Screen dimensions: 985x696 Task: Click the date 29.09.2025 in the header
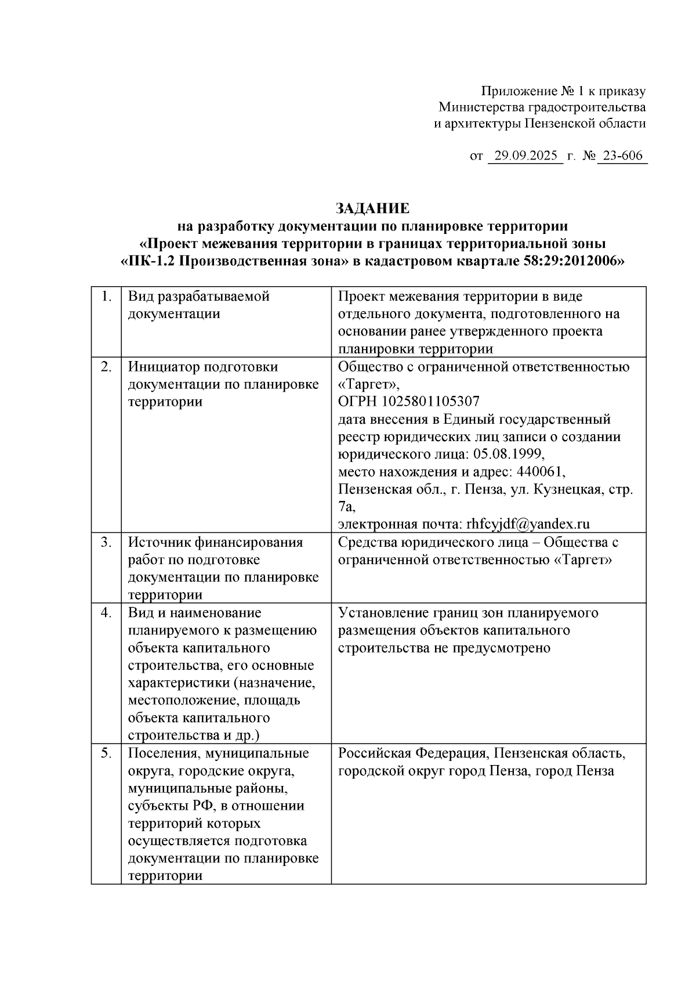525,156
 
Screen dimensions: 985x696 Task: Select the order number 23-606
622,156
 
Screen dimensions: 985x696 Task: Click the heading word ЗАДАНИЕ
372,208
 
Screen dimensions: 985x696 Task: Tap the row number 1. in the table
106,297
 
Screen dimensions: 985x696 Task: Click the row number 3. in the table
106,542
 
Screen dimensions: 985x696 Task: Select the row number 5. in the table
106,753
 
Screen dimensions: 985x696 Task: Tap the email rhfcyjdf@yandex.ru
528,524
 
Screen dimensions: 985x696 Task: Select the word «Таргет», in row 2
369,384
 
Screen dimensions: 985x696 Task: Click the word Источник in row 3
157,542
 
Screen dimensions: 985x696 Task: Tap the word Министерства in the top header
481,107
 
